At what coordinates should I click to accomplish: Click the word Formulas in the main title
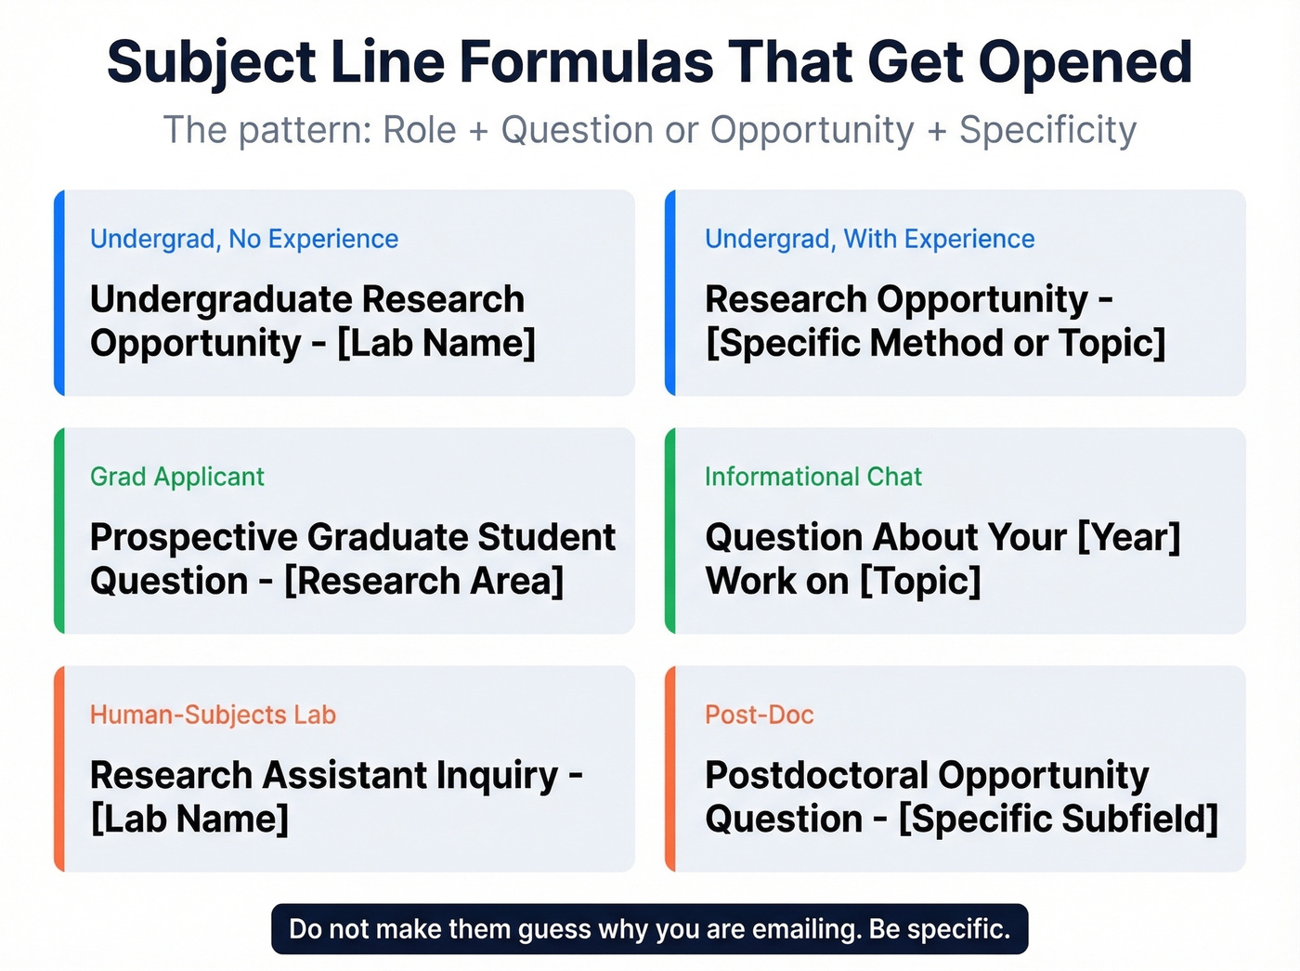tap(586, 62)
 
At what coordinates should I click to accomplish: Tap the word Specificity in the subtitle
tap(1047, 130)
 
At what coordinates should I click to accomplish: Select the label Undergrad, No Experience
tap(244, 239)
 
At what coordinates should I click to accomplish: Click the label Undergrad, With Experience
tap(869, 239)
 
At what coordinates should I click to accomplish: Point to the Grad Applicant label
tap(177, 477)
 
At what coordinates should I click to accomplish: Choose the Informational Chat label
tap(812, 477)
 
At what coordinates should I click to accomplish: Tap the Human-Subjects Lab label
tap(213, 715)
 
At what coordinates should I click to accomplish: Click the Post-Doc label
tap(759, 715)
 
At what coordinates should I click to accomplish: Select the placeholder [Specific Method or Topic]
tap(935, 343)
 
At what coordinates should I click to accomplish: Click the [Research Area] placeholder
tap(423, 581)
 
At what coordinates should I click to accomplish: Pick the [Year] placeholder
tap(1128, 537)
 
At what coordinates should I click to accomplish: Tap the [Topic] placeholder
tap(920, 581)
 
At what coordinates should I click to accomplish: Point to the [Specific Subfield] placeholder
tap(1058, 819)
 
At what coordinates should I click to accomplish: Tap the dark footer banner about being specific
tap(649, 929)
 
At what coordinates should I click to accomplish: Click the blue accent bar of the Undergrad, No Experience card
tap(59, 293)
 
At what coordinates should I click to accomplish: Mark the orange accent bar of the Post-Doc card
tap(670, 768)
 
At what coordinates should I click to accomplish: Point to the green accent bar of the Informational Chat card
tap(670, 531)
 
